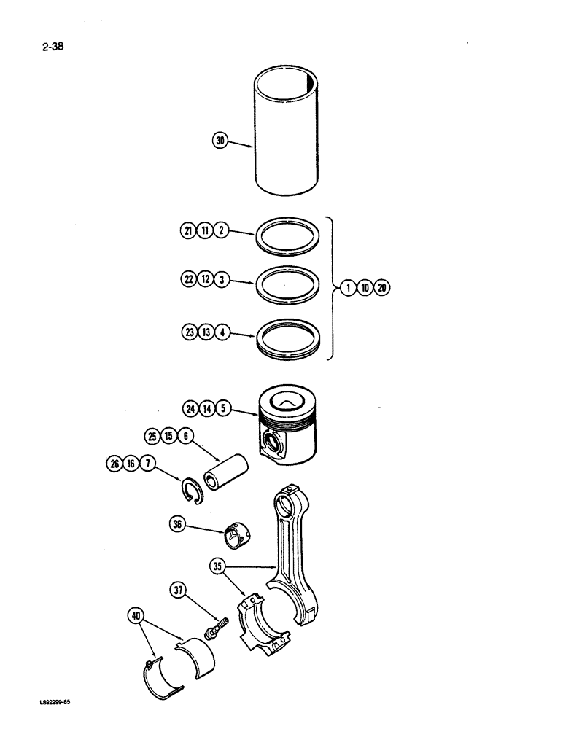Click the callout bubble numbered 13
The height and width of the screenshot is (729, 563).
click(x=206, y=332)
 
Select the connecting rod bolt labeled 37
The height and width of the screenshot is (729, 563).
click(x=216, y=625)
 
